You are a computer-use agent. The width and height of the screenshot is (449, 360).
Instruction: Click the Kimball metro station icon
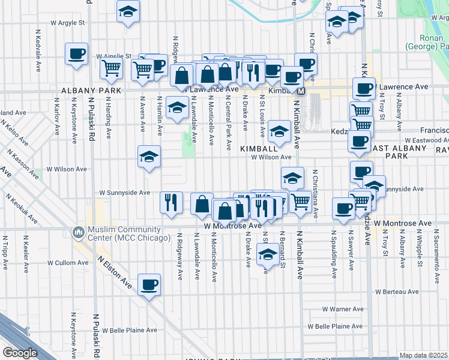pyautogui.click(x=301, y=91)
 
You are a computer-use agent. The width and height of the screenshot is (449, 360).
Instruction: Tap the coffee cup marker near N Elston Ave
pyautogui.click(x=149, y=285)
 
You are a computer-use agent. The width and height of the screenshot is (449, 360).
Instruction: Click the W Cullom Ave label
pyautogui.click(x=67, y=263)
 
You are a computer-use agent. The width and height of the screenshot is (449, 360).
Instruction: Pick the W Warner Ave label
pyautogui.click(x=343, y=309)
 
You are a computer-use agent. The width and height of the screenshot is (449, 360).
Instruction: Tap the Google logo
pyautogui.click(x=20, y=353)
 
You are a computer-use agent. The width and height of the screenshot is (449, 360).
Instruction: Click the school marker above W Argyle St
pyautogui.click(x=127, y=12)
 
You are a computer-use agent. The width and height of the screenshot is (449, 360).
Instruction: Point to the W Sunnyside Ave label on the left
pyautogui.click(x=125, y=193)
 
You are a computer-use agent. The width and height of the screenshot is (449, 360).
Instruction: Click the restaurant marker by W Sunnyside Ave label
pyautogui.click(x=172, y=201)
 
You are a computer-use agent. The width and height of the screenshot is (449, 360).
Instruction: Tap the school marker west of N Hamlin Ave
pyautogui.click(x=149, y=157)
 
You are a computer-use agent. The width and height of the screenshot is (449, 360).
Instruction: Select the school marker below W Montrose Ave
pyautogui.click(x=268, y=254)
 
